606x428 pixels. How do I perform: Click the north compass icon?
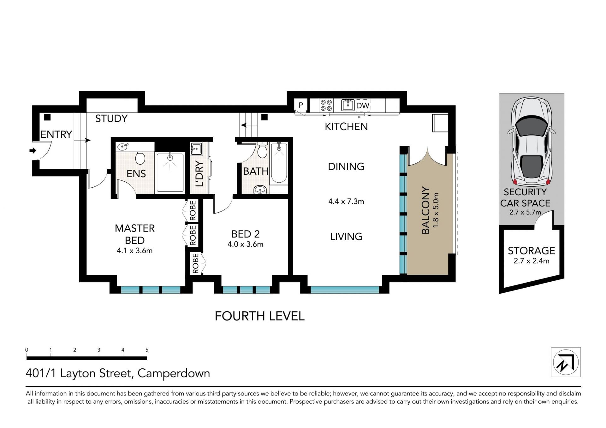tap(566, 362)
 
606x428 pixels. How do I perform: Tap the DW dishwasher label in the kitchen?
tap(363, 106)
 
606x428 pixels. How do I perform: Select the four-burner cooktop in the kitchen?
tap(326, 105)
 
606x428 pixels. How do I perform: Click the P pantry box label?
tap(301, 105)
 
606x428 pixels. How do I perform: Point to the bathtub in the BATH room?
tap(279, 163)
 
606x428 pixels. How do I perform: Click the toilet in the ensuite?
tap(140, 157)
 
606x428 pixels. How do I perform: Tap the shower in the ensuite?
tap(170, 172)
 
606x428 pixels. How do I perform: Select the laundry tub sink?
tap(196, 148)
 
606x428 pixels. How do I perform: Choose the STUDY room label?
tap(111, 119)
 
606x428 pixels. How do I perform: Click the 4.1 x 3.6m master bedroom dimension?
tap(135, 251)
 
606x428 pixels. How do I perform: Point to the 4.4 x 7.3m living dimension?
tap(346, 201)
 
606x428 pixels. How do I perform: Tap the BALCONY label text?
tap(426, 210)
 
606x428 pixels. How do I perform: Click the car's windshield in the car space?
tap(532, 127)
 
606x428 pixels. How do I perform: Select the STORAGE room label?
tap(532, 251)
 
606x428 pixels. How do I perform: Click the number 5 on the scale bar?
tap(147, 350)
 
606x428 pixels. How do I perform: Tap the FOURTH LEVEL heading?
tap(260, 316)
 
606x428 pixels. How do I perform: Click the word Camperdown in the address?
tap(174, 373)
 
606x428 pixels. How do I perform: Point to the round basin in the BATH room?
tap(260, 190)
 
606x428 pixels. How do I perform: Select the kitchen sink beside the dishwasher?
tap(348, 105)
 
